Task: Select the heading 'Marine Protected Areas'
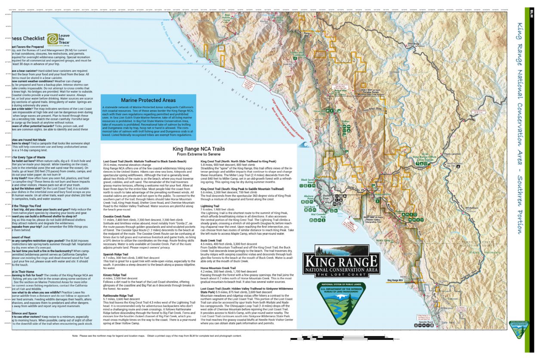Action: click(x=148, y=100)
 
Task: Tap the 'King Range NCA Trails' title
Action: click(x=198, y=149)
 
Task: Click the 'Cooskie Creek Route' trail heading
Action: click(x=117, y=216)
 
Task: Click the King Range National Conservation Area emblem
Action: click(x=341, y=261)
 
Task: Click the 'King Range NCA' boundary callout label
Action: click(x=395, y=280)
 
